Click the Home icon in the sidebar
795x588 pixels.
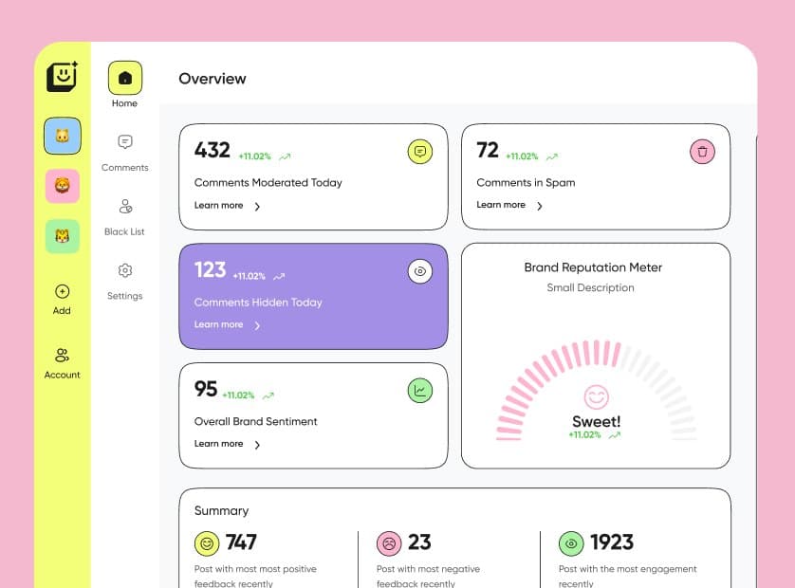click(124, 78)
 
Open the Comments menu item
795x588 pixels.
click(124, 142)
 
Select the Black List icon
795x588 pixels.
click(124, 207)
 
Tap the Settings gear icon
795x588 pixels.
click(124, 271)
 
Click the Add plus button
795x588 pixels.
click(63, 292)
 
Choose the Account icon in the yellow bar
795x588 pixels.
click(63, 356)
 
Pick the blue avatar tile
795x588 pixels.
click(63, 136)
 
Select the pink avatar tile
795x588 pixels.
click(63, 186)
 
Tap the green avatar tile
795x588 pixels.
click(63, 236)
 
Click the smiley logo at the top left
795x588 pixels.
click(63, 77)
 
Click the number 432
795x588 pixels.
click(213, 150)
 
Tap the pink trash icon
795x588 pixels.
click(702, 151)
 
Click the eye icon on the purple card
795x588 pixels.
click(420, 271)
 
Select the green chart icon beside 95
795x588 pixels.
click(420, 390)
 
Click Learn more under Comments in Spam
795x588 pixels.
click(502, 205)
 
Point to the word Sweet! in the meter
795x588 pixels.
click(596, 422)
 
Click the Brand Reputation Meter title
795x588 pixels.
click(593, 267)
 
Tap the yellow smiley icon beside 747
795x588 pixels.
click(207, 543)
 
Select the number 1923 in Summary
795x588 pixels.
click(611, 542)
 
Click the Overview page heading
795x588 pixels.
click(213, 79)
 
